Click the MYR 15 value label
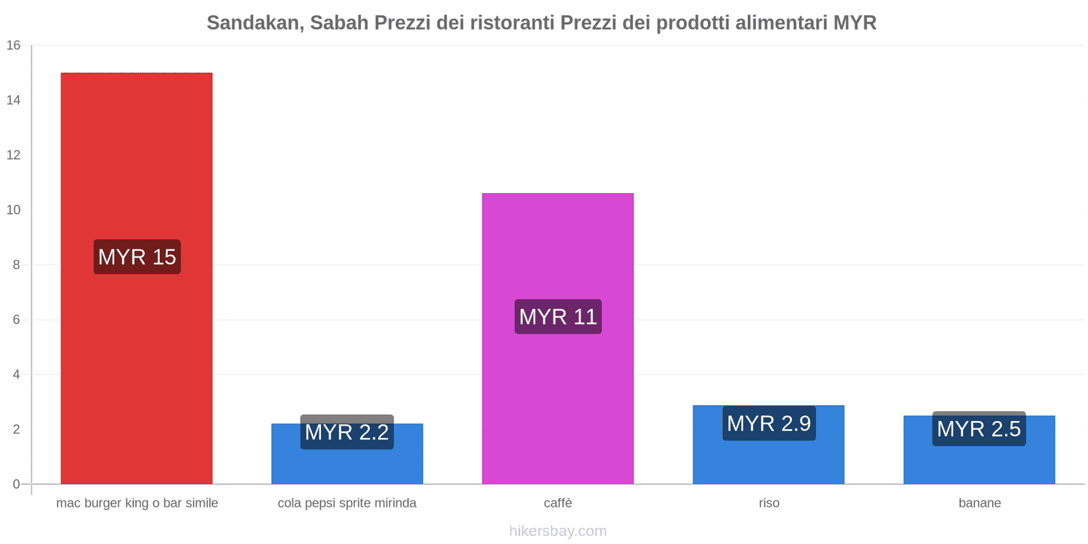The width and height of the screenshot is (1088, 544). pos(137,257)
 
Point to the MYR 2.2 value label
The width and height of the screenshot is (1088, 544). pos(347,432)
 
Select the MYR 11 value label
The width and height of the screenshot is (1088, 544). pos(558,317)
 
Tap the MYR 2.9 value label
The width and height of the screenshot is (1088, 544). pos(768,424)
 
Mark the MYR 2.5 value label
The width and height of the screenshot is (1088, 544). pos(979,429)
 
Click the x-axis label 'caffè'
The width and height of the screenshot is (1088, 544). pos(558,503)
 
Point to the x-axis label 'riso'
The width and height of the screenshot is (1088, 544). pos(769,503)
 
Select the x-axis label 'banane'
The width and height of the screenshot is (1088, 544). pos(979,503)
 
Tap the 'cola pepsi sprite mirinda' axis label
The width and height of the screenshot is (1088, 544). pos(347,503)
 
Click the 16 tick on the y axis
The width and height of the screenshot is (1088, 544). pos(14,46)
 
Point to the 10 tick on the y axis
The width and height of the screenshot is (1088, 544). pos(14,210)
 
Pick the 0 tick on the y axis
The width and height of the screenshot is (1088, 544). pos(16,484)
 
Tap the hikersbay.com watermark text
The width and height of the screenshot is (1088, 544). pos(558,531)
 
